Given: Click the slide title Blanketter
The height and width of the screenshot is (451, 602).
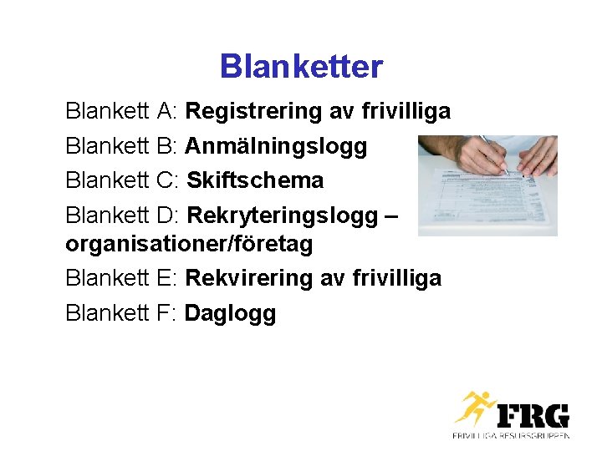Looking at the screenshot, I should [301, 67].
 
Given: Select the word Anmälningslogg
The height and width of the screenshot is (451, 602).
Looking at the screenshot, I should [276, 146].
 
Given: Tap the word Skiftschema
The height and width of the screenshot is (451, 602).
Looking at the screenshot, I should [255, 180].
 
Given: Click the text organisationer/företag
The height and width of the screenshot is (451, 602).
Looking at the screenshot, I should [189, 244].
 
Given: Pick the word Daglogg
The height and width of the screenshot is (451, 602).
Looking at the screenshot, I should [230, 313].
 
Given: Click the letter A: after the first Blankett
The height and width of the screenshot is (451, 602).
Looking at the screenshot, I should [167, 111].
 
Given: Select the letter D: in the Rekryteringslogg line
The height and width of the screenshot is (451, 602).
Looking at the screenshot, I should [168, 215].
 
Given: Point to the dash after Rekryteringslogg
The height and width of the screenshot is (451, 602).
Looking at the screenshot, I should [390, 217].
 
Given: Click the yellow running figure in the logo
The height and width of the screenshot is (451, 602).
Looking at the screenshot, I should [474, 409].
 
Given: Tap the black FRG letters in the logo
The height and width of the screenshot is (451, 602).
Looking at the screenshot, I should [533, 415].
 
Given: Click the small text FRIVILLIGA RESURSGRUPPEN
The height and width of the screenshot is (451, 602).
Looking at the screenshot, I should [512, 435].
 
